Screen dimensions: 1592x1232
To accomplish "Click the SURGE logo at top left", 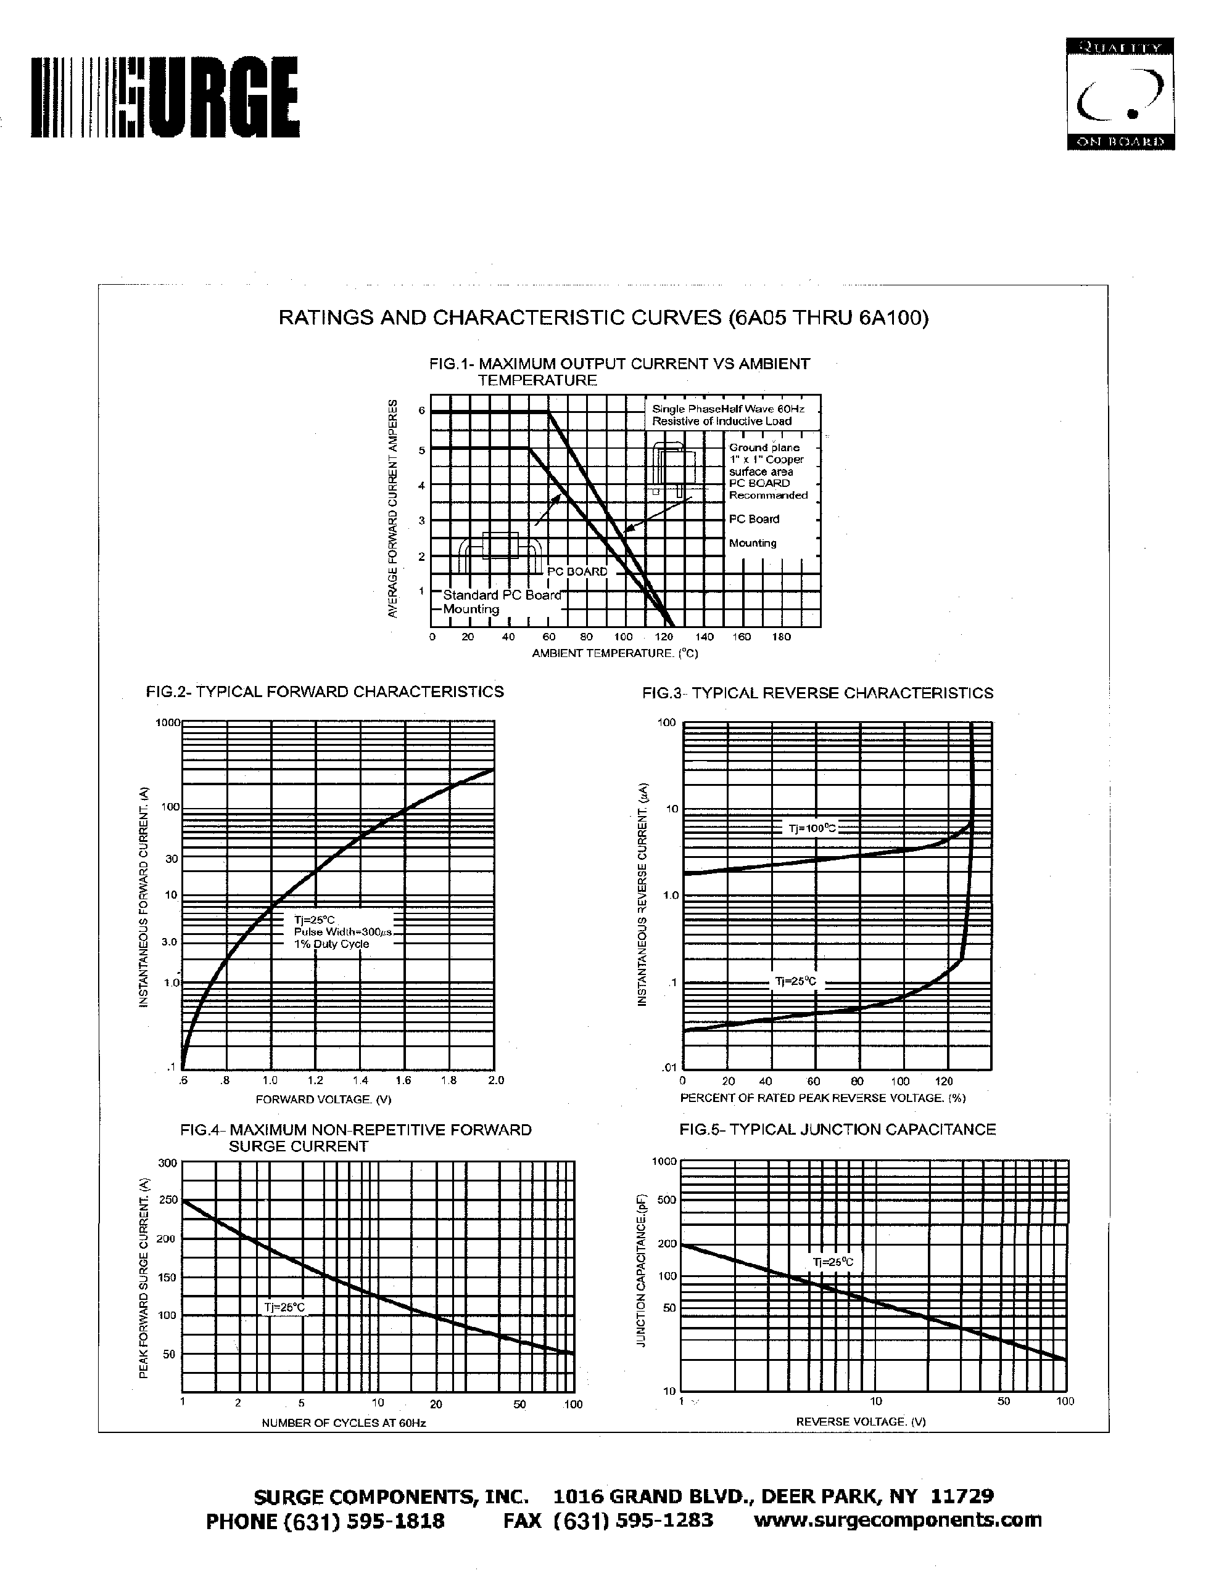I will [x=165, y=99].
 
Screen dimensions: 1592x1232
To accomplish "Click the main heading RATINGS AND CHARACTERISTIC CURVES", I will [x=603, y=319].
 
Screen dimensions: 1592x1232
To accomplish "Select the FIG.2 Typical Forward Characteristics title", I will [x=325, y=691].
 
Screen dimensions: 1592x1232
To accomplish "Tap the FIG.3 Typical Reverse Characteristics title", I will [x=817, y=693].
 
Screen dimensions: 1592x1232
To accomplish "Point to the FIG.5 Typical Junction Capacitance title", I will [x=837, y=1129].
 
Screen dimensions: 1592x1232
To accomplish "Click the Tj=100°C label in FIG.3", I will [x=812, y=828].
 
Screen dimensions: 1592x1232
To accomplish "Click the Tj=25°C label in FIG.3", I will [x=796, y=981].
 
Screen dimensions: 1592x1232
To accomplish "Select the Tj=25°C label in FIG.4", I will [x=284, y=1307].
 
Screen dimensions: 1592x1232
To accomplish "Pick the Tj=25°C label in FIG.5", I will [x=832, y=1262].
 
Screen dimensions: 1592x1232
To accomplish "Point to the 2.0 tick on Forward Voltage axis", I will [x=496, y=1080].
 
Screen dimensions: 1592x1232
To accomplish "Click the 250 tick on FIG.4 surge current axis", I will [x=168, y=1199].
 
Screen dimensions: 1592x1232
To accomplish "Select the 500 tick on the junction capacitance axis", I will [x=667, y=1200].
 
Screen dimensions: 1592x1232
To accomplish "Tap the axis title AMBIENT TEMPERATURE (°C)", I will [x=614, y=653].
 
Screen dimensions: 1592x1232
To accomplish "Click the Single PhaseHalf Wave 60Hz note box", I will [x=732, y=415].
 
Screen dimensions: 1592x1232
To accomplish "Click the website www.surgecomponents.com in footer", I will [x=897, y=1520].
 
